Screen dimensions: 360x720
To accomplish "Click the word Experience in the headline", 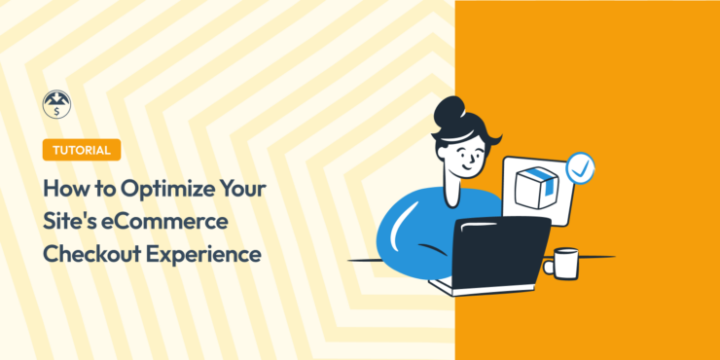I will click(x=201, y=254).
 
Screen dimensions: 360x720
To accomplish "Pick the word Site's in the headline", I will click(x=70, y=221).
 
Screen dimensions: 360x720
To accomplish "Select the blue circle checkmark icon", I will click(x=580, y=166).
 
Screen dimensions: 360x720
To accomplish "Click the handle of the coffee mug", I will click(x=548, y=264).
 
